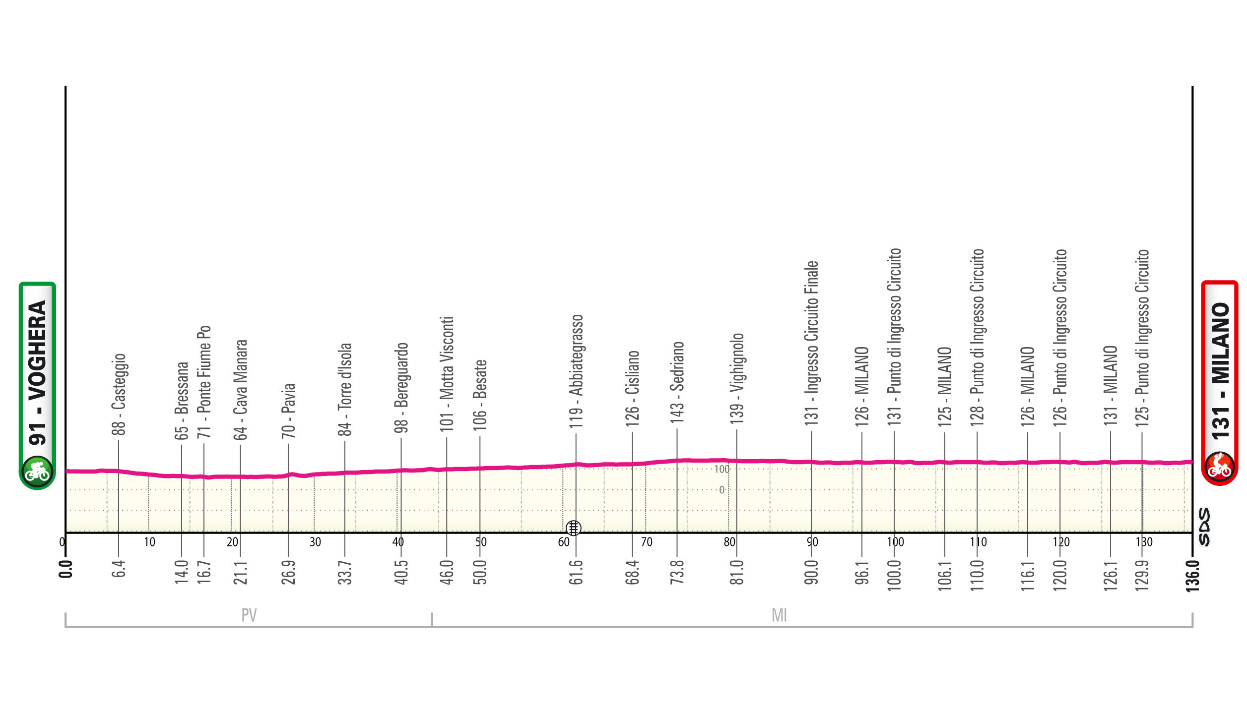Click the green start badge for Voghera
[37, 385]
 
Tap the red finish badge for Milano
[1219, 383]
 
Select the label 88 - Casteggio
[119, 394]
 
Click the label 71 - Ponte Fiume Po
[204, 382]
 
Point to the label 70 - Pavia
[288, 411]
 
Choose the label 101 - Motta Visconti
[447, 374]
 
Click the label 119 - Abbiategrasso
[576, 371]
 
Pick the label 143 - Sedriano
[677, 382]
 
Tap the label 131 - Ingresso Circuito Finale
[811, 343]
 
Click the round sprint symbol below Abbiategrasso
[574, 528]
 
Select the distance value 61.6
[576, 573]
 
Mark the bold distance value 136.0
[1192, 576]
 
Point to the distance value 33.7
[345, 573]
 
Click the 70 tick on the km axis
[647, 542]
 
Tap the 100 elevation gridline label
[722, 469]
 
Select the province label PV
[249, 615]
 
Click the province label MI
[779, 615]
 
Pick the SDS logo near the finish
[1204, 527]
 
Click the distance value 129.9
[1142, 576]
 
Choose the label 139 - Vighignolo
[736, 378]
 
